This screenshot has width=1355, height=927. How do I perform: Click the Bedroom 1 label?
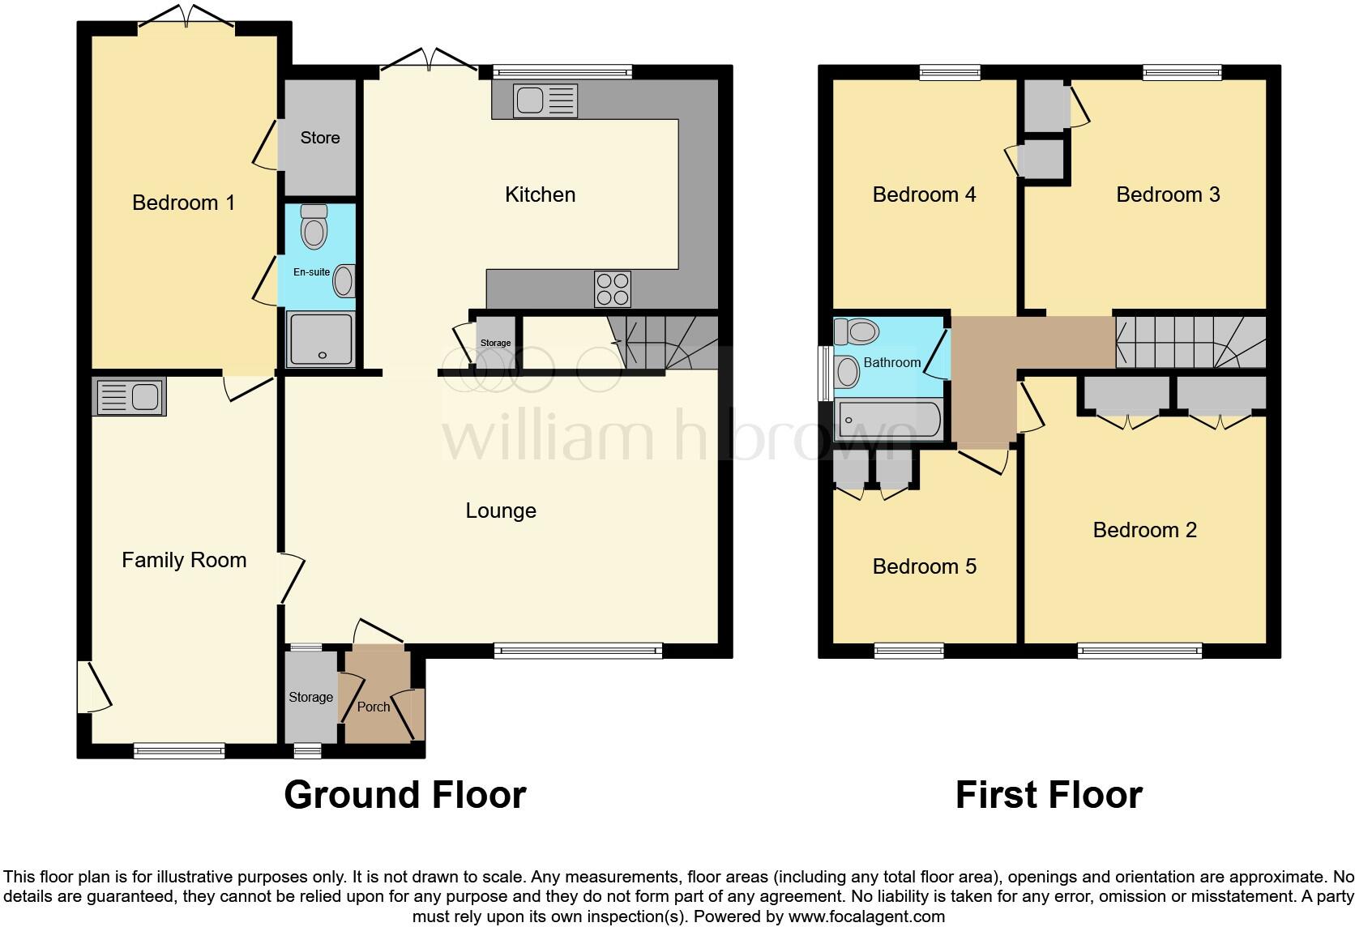click(183, 203)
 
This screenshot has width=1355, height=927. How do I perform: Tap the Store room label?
click(319, 138)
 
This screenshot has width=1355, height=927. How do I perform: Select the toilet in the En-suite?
click(314, 228)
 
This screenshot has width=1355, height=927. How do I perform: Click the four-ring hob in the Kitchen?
click(613, 288)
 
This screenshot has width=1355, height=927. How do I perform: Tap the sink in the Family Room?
click(130, 397)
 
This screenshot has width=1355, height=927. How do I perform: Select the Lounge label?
click(500, 510)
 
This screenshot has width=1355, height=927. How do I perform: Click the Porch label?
click(374, 707)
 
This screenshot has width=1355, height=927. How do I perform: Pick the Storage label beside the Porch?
click(310, 697)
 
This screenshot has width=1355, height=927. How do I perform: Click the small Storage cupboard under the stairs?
click(495, 343)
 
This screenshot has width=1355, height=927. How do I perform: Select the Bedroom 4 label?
click(924, 194)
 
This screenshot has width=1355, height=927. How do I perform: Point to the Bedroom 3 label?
click(1167, 194)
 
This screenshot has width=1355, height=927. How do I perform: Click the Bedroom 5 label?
click(924, 566)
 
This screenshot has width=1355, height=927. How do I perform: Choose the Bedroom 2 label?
click(1144, 530)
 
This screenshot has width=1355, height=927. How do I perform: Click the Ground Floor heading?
click(405, 795)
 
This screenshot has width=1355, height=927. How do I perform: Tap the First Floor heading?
click(1049, 795)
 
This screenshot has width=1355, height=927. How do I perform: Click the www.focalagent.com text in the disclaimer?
click(866, 916)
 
